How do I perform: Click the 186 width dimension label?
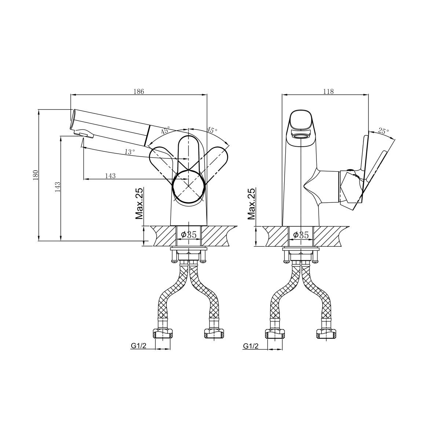[139, 91]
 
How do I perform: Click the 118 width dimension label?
[328, 91]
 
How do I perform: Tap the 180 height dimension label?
[36, 175]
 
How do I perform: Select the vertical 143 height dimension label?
[58, 187]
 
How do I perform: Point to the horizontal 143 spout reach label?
[110, 176]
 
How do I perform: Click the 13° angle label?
[130, 151]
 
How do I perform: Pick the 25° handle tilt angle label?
[384, 131]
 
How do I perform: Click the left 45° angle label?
[165, 130]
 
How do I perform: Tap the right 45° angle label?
[212, 130]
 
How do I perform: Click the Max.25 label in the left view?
[139, 203]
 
